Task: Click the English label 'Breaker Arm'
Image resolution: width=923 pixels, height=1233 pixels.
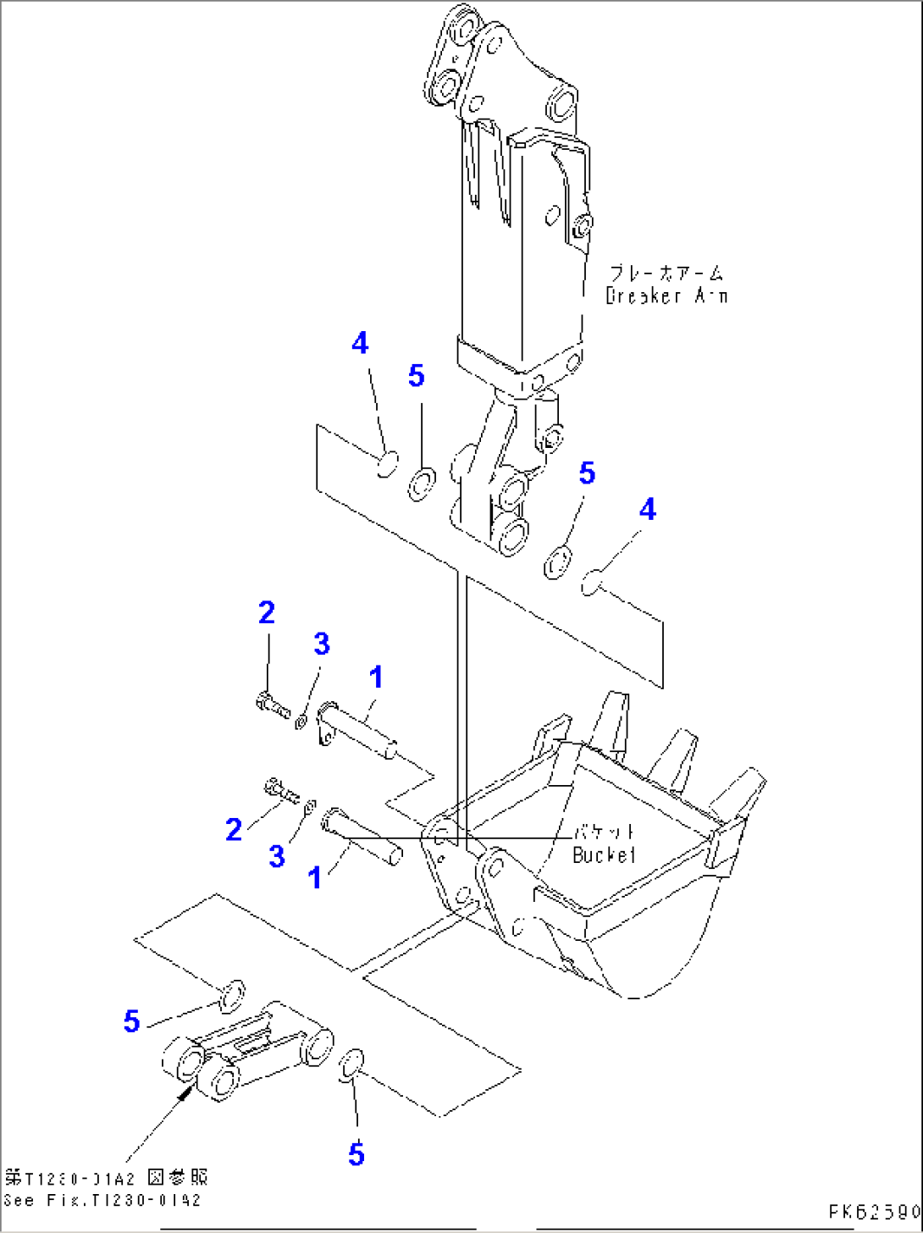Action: (666, 296)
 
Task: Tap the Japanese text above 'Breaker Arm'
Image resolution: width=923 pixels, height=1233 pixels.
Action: (667, 274)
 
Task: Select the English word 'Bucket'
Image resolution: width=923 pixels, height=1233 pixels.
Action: (604, 855)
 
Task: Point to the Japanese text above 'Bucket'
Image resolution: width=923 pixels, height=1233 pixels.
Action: (605, 832)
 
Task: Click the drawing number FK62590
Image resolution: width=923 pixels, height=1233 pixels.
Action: (875, 1212)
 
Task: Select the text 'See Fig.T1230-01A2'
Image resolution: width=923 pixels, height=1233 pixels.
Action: (102, 1200)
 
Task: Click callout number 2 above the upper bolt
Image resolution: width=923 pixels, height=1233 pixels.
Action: (267, 612)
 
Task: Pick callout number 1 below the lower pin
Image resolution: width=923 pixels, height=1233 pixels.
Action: (315, 877)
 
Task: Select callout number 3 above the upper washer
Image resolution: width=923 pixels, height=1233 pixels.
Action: (322, 644)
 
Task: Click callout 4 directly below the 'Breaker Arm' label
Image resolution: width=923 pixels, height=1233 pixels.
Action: (647, 509)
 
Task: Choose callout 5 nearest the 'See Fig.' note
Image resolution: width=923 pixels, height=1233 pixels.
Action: (131, 1020)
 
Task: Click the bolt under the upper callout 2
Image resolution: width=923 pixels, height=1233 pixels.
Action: (271, 704)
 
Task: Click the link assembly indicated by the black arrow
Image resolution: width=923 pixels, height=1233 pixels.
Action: (246, 1050)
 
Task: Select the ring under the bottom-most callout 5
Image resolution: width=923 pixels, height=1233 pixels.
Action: (351, 1064)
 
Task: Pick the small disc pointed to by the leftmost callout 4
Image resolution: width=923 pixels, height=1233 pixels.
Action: (386, 464)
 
